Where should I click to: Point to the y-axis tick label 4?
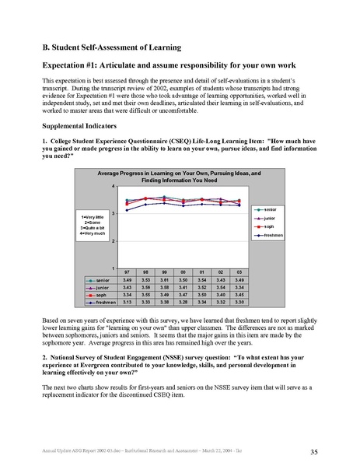[x=114, y=187]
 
